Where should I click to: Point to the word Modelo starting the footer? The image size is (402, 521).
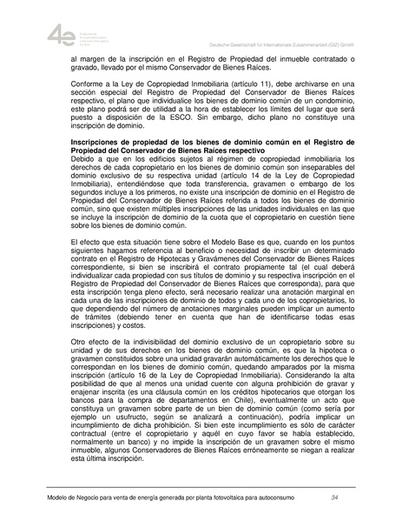(x=61, y=497)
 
